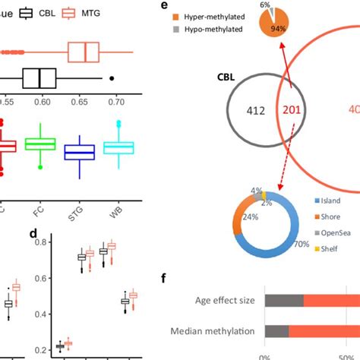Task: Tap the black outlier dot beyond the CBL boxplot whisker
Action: point(112,77)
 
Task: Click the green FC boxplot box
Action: point(40,144)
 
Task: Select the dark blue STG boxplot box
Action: point(78,152)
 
